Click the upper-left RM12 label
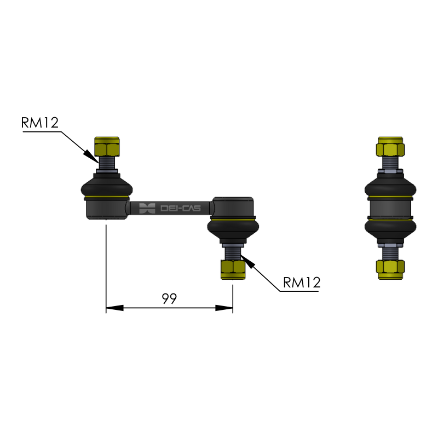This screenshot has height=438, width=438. pyautogui.click(x=40, y=123)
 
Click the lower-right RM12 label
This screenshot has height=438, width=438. pyautogui.click(x=302, y=283)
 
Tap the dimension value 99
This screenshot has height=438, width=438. pyautogui.click(x=169, y=298)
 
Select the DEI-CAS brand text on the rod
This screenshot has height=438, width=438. pyautogui.click(x=181, y=208)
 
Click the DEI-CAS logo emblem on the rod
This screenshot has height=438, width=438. pyautogui.click(x=147, y=209)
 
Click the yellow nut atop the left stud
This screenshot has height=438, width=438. pyautogui.click(x=107, y=146)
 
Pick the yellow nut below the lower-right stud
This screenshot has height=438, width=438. pyautogui.click(x=233, y=269)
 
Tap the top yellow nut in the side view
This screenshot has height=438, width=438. pyautogui.click(x=390, y=146)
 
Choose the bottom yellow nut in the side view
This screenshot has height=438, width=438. pyautogui.click(x=390, y=269)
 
